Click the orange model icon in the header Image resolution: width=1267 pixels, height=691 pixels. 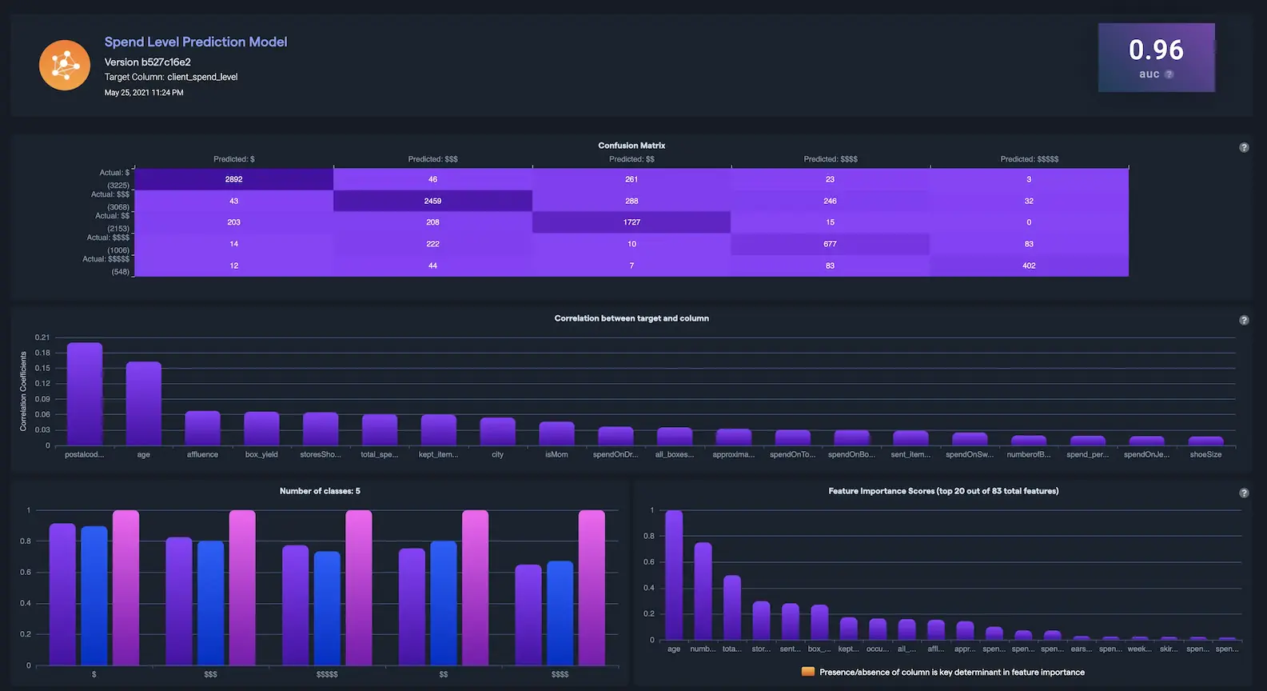tap(65, 65)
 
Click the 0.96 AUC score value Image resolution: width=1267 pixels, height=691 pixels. tap(1156, 50)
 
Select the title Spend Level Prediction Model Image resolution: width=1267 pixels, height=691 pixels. tap(196, 42)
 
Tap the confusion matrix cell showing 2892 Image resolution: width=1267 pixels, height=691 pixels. tap(233, 179)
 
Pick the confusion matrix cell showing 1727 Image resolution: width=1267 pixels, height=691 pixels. tap(632, 222)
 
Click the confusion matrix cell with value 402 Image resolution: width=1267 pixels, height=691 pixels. tap(1029, 266)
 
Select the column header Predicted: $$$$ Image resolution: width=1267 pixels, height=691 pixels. tap(831, 159)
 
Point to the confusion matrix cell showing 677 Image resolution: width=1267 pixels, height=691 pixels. tap(830, 244)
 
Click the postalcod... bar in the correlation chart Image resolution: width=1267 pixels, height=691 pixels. tap(85, 394)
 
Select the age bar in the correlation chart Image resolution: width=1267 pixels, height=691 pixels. tap(144, 404)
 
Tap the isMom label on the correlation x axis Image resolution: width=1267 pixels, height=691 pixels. tap(556, 454)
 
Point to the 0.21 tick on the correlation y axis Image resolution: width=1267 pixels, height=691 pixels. tap(42, 338)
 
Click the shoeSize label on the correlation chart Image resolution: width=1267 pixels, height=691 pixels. tap(1205, 454)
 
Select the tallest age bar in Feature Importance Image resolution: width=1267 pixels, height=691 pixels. tap(674, 575)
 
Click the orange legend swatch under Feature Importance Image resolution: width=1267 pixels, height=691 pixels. tap(807, 672)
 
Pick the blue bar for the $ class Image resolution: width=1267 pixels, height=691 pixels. tap(94, 596)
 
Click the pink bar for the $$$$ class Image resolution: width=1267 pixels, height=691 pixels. tap(592, 588)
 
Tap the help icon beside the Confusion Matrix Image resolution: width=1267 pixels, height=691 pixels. tap(1244, 148)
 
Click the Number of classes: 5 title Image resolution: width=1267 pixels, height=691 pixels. tap(320, 491)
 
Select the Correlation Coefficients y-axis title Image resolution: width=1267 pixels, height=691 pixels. tap(23, 391)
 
